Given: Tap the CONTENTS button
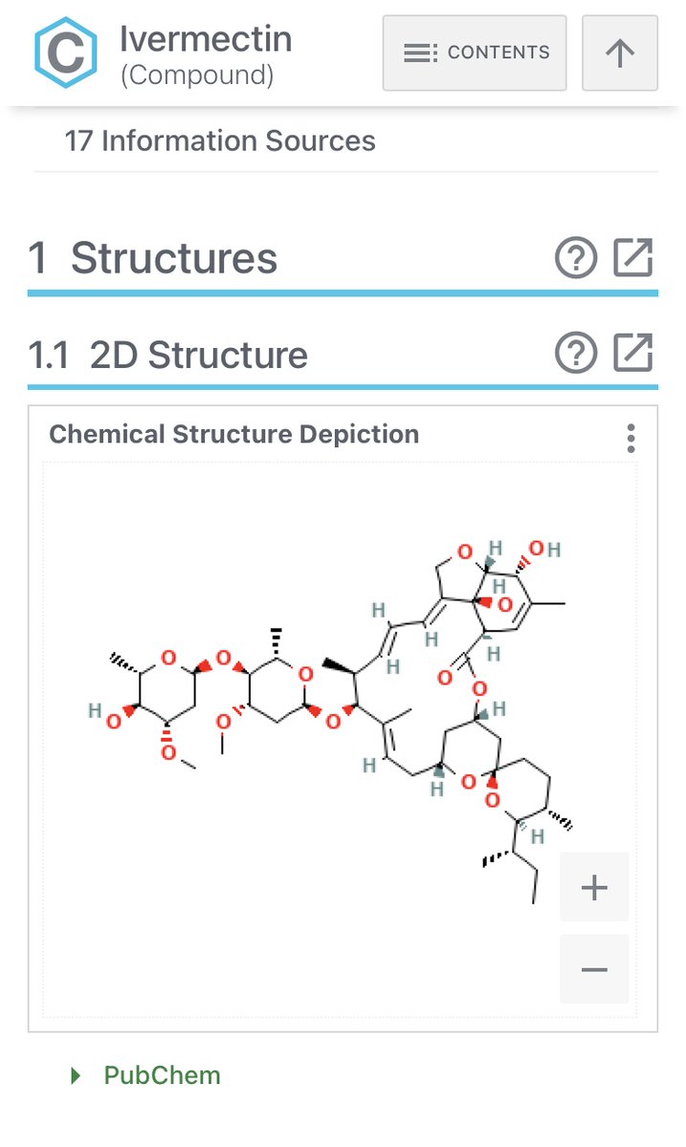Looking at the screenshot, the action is pyautogui.click(x=475, y=53).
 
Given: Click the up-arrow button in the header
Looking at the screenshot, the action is pyautogui.click(x=620, y=53).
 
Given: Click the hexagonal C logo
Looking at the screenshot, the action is pyautogui.click(x=65, y=53).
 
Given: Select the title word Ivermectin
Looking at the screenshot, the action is pyautogui.click(x=206, y=39).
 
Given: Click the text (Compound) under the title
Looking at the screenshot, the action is pyautogui.click(x=197, y=76).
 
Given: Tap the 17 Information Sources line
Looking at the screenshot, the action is pyautogui.click(x=220, y=141).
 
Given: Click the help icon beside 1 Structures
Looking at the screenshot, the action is pyautogui.click(x=576, y=258).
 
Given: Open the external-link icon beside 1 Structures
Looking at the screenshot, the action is pyautogui.click(x=633, y=258).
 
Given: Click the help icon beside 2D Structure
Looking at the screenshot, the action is pyautogui.click(x=576, y=354).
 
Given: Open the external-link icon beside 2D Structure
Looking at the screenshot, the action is pyautogui.click(x=633, y=354).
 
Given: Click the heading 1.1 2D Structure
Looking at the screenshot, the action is pyautogui.click(x=168, y=356).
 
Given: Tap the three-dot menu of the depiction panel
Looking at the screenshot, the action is pyautogui.click(x=631, y=439).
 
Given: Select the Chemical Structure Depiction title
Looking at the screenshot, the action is pyautogui.click(x=234, y=434).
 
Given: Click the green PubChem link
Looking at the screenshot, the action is pyautogui.click(x=162, y=1075).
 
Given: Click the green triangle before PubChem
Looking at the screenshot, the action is pyautogui.click(x=77, y=1076).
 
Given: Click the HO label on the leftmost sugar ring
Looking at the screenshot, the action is pyautogui.click(x=104, y=713).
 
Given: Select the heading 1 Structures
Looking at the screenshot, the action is pyautogui.click(x=153, y=259).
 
